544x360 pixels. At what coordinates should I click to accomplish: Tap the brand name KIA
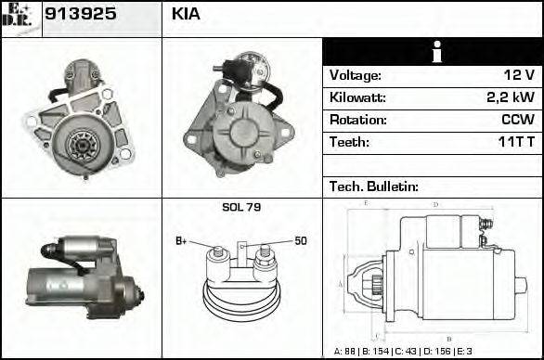click(186, 15)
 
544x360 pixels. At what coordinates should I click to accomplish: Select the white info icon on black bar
click(434, 52)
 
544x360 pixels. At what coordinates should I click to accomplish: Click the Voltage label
click(355, 75)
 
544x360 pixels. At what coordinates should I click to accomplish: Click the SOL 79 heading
click(240, 207)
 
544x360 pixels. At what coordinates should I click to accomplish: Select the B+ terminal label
click(182, 241)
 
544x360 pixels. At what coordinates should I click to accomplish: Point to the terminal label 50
click(301, 241)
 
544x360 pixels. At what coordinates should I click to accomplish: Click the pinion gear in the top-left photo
click(81, 143)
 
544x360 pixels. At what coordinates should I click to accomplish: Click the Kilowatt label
click(357, 97)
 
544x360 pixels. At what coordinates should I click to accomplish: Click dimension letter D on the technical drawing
click(435, 204)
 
